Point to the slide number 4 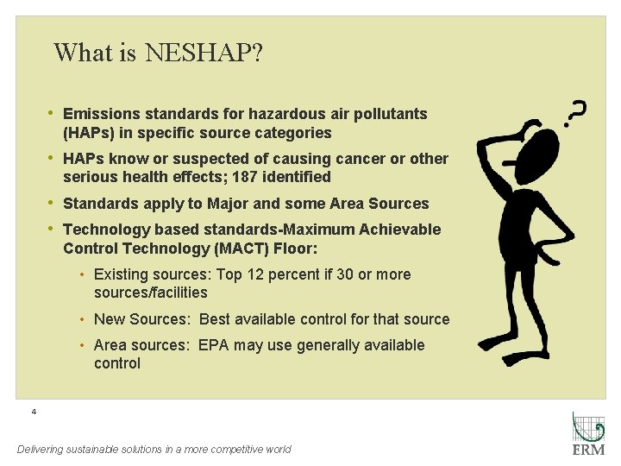(x=34, y=412)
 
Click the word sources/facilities (x=151, y=293)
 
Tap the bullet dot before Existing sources (x=81, y=274)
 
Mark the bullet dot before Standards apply (x=53, y=204)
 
